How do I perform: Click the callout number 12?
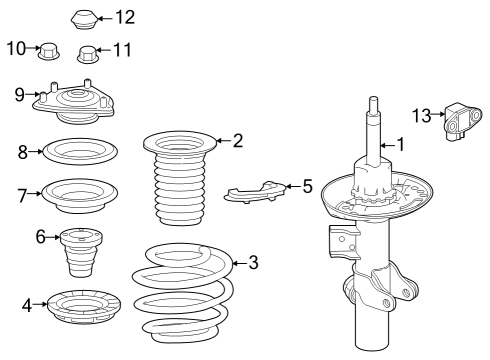click(x=125, y=17)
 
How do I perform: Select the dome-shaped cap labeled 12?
click(x=84, y=19)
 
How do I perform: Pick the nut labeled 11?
click(x=88, y=54)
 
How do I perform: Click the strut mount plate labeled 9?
click(x=74, y=102)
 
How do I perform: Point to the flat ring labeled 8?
click(x=80, y=152)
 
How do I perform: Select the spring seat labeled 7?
click(x=79, y=196)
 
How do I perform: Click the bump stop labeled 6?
click(x=81, y=252)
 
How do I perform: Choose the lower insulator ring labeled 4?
click(x=84, y=307)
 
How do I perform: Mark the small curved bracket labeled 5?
click(x=255, y=192)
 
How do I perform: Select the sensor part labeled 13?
click(x=463, y=122)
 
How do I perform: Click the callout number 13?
click(x=421, y=116)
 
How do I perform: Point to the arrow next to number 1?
click(x=387, y=145)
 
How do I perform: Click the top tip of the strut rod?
click(x=373, y=97)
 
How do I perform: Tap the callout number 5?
click(x=307, y=186)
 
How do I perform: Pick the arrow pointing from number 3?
click(x=239, y=263)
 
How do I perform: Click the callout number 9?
click(x=20, y=95)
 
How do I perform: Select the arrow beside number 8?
click(x=35, y=152)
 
